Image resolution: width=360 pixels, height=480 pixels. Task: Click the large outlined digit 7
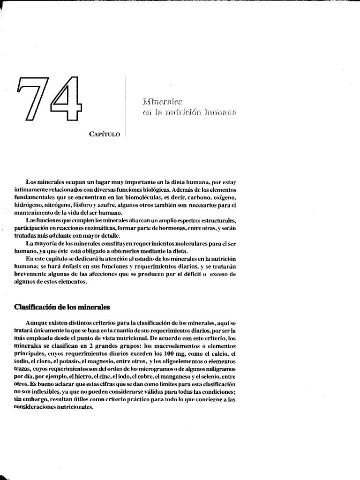coord(31,99)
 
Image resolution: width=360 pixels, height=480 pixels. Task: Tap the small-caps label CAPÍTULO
coord(105,134)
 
